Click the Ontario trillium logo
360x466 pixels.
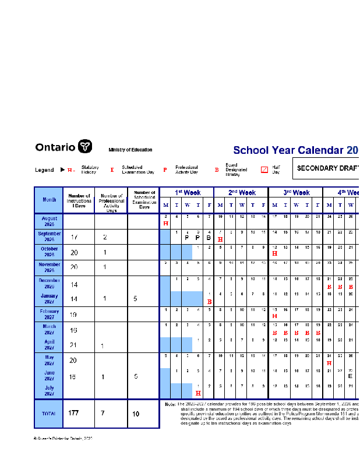pos(85,147)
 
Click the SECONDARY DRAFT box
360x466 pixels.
pos(326,168)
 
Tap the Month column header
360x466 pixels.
pos(49,200)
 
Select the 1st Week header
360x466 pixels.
pos(187,192)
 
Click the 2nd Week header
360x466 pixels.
pos(241,192)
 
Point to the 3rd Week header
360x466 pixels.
pos(296,192)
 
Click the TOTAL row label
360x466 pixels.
pos(49,414)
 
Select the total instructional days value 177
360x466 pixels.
pos(73,414)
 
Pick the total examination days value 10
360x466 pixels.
pos(136,414)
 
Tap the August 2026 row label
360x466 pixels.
pos(49,221)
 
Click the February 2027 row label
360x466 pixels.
pos(49,314)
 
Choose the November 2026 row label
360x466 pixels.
pos(49,267)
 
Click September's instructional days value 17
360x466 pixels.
pos(74,238)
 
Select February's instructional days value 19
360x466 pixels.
pos(74,315)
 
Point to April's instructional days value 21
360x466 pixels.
pos(74,345)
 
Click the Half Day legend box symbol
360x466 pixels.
pos(264,170)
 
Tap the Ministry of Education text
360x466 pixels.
pos(130,150)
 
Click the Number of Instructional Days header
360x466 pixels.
pos(79,200)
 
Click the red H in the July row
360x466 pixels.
pos(198,393)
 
